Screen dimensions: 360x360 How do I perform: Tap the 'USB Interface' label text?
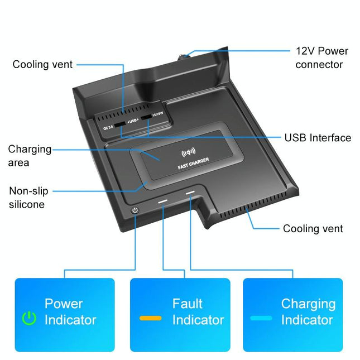(318, 137)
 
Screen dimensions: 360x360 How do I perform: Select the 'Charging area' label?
(30, 156)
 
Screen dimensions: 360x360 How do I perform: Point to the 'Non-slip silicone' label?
(28, 198)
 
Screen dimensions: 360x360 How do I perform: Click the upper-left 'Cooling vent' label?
(42, 65)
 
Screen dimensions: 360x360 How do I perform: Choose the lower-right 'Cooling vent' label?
(313, 228)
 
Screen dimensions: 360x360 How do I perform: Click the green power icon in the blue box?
(29, 318)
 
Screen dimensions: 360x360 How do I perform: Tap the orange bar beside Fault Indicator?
(150, 318)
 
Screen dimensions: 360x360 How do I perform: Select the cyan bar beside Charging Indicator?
(261, 318)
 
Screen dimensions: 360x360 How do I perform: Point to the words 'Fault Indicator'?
(198, 312)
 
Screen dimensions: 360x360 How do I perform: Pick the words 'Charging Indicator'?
(308, 312)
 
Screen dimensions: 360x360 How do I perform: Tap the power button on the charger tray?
(134, 210)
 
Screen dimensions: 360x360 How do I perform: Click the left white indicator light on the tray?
(163, 200)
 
